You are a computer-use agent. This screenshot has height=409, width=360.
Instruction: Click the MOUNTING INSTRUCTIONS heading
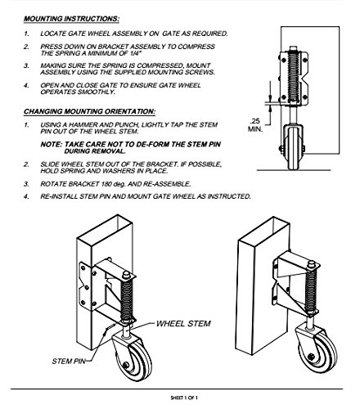[71, 19]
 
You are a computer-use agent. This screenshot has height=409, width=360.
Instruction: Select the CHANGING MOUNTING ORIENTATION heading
[89, 111]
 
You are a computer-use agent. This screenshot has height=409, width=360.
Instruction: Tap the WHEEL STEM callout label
[183, 324]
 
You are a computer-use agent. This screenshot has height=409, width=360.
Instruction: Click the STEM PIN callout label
[69, 362]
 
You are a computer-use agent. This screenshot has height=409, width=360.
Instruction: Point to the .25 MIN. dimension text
[255, 124]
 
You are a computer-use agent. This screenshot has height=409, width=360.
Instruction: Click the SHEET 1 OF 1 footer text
[184, 398]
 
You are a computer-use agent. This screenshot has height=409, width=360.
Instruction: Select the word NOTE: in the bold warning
[52, 144]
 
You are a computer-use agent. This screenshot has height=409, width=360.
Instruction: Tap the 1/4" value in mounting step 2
[135, 53]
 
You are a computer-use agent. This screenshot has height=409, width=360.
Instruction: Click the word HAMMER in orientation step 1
[83, 125]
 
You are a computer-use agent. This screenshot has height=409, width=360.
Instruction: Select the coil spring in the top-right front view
[294, 78]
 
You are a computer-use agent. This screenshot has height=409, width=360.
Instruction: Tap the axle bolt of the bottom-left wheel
[125, 365]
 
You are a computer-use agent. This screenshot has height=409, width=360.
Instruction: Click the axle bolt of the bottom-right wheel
[311, 357]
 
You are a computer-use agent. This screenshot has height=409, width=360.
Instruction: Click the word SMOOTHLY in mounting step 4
[96, 92]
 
